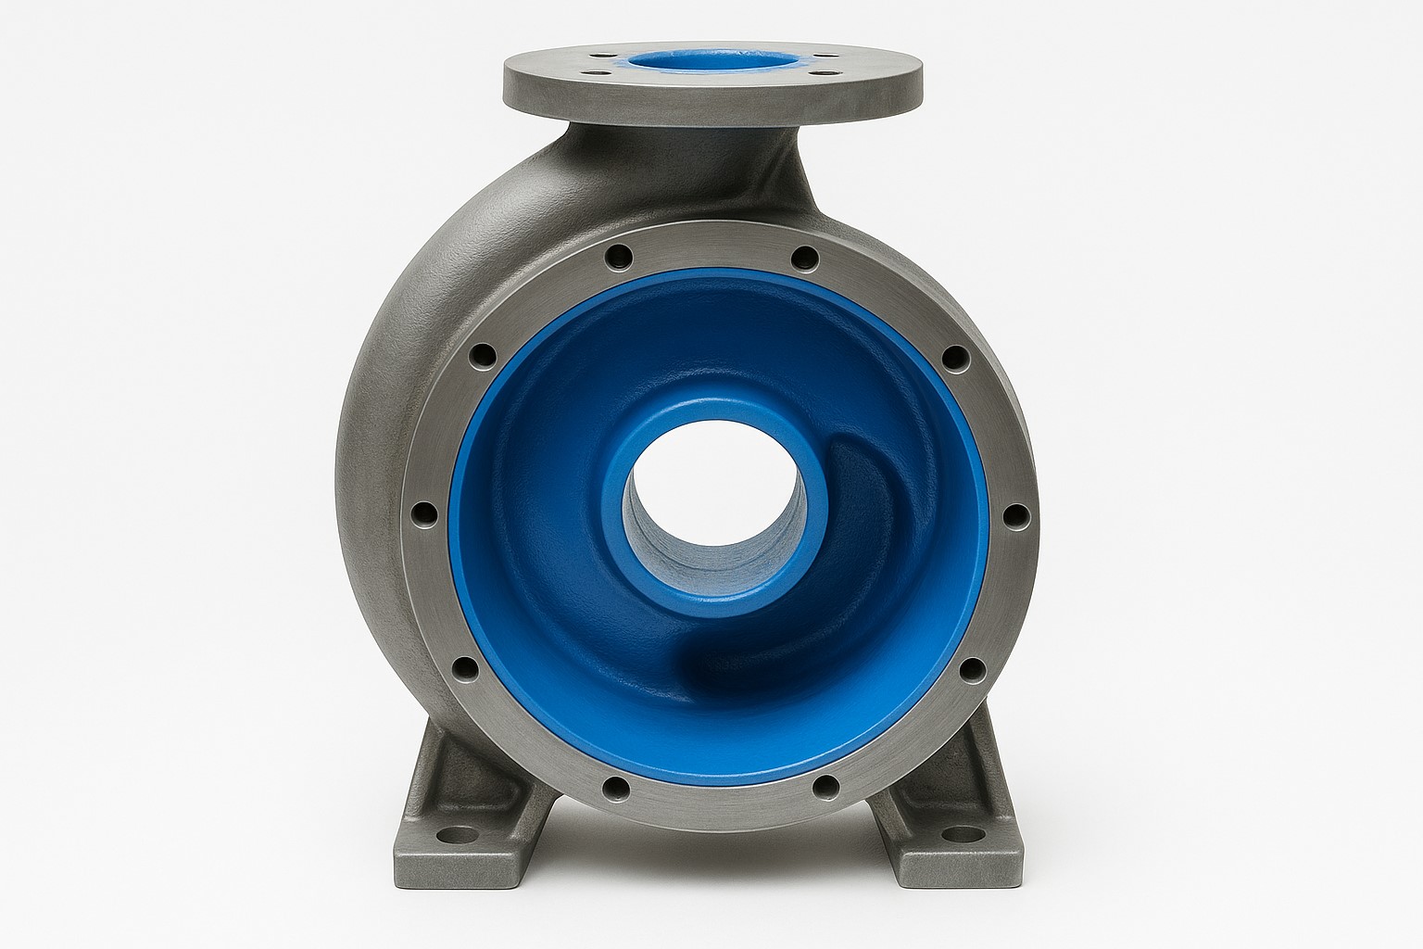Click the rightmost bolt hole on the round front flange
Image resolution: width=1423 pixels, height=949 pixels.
pos(1012,512)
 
